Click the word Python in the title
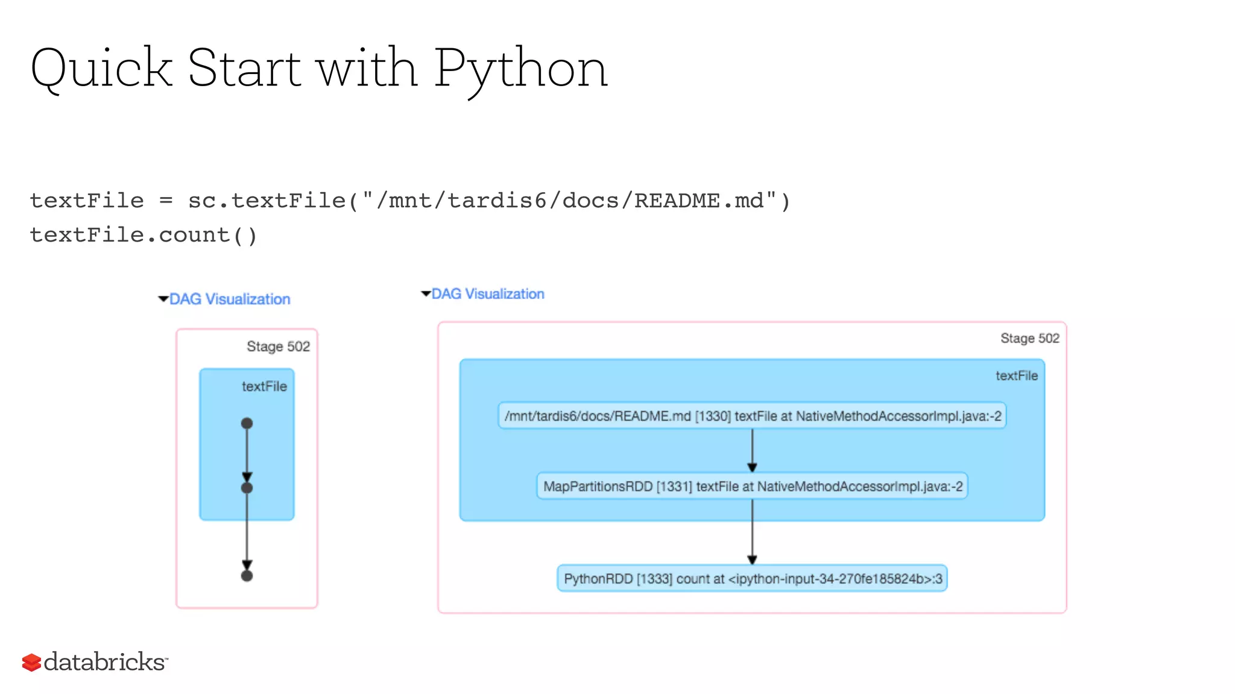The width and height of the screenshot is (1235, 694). (x=520, y=69)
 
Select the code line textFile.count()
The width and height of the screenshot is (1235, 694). (x=144, y=235)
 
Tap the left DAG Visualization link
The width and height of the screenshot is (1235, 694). (x=229, y=299)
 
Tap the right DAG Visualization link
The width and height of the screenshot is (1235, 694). (x=487, y=294)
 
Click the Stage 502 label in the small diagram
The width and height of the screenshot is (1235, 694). (x=278, y=346)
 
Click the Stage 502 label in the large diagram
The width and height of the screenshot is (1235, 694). (x=1029, y=338)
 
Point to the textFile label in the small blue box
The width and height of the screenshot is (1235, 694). (x=264, y=386)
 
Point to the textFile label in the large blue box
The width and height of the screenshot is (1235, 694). (x=1016, y=376)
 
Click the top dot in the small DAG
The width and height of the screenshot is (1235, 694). (x=247, y=424)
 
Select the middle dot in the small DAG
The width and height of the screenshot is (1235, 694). (x=247, y=488)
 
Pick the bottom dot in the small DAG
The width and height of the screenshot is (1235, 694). (x=247, y=576)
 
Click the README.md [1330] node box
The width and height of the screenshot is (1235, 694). (x=752, y=416)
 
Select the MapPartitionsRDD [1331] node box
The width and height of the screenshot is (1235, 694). (x=752, y=486)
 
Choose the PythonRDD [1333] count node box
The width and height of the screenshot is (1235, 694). (x=752, y=578)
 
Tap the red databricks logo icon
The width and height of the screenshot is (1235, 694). (x=31, y=662)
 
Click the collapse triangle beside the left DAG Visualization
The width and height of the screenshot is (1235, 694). (x=163, y=299)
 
